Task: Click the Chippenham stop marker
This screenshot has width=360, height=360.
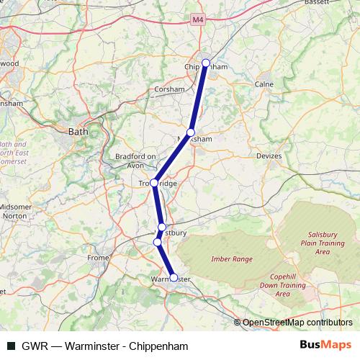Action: tap(206, 63)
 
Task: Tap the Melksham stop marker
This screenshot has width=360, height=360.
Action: tap(191, 132)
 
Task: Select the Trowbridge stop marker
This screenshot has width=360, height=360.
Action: tap(154, 183)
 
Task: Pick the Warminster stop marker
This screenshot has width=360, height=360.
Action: tap(174, 277)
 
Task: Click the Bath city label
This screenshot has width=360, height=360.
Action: tap(77, 132)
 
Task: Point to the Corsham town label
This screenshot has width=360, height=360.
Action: tap(170, 89)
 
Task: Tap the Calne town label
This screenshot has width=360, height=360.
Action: tap(264, 84)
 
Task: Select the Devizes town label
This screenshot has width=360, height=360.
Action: tap(270, 156)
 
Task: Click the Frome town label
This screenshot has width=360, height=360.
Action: tap(98, 257)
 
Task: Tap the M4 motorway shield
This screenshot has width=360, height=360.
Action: tap(198, 22)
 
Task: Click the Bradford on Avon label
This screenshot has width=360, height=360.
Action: tap(135, 161)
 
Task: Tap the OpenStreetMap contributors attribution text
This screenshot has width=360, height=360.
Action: tap(297, 323)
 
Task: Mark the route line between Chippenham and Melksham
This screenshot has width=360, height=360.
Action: tap(199, 98)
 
